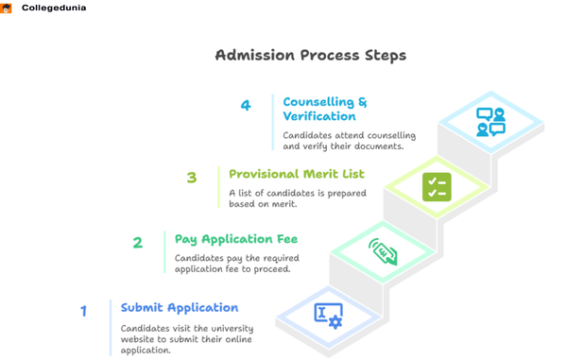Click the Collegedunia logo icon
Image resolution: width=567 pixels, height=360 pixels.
[x=6, y=8]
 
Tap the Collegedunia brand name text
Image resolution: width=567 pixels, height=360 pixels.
[x=55, y=8]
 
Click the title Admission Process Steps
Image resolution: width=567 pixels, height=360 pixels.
[x=311, y=55]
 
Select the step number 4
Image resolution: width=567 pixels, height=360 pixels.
[x=246, y=106]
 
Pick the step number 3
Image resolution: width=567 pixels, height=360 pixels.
[x=192, y=177]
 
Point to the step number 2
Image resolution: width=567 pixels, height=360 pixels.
[x=137, y=242]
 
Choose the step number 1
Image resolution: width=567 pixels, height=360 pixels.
[x=83, y=310]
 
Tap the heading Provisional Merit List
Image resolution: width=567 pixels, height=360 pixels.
[x=296, y=174]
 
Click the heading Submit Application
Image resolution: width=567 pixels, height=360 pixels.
[x=180, y=307]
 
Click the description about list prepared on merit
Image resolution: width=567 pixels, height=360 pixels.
[x=288, y=198]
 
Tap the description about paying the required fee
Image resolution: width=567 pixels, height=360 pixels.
[x=232, y=264]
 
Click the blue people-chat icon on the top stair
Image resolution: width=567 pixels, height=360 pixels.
[x=490, y=122]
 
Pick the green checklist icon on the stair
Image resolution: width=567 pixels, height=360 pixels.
[x=437, y=187]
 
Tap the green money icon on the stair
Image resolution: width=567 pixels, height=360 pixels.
[x=382, y=251]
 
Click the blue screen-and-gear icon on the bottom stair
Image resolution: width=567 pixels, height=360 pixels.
[x=328, y=315]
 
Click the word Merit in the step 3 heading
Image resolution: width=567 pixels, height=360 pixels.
[x=319, y=174]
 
